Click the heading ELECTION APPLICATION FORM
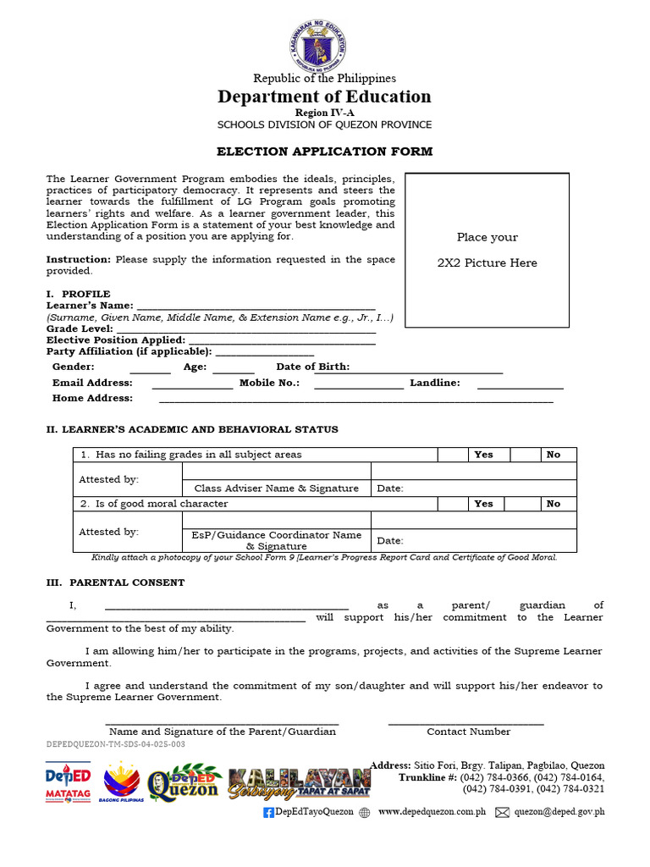point(324,152)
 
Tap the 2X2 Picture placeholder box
point(487,250)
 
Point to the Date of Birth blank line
point(426,372)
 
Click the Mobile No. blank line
point(359,388)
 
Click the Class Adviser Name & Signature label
point(277,489)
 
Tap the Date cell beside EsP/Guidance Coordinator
point(474,540)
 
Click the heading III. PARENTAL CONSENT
point(115,583)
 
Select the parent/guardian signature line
point(222,723)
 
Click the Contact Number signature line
point(466,723)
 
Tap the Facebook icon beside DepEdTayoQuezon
point(268,813)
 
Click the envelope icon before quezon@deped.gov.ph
point(502,813)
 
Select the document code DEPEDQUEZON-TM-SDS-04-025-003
point(116,744)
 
